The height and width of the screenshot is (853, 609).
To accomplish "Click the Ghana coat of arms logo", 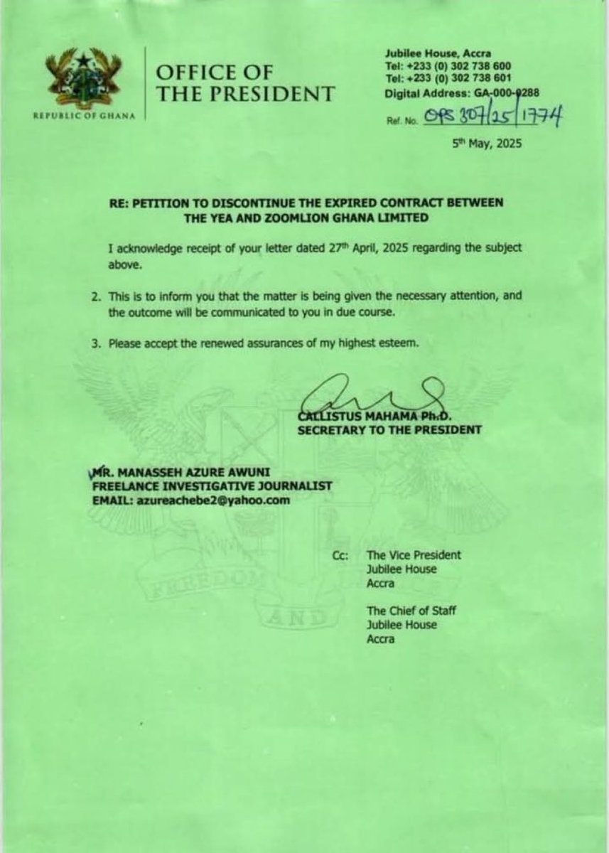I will pyautogui.click(x=83, y=78).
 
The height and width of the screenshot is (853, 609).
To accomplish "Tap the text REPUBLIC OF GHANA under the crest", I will pyautogui.click(x=84, y=117).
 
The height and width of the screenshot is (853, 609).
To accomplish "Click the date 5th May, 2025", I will pyautogui.click(x=487, y=144).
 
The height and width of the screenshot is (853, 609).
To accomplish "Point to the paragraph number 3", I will pyautogui.click(x=95, y=343).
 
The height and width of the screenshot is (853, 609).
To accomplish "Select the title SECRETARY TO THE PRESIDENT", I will pyautogui.click(x=390, y=429).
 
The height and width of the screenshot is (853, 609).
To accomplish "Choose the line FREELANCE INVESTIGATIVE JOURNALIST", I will pyautogui.click(x=211, y=486).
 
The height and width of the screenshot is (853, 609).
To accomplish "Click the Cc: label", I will pyautogui.click(x=340, y=555).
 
